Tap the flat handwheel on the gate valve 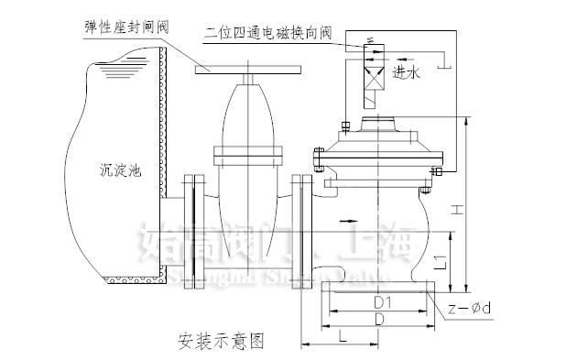[241, 68]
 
